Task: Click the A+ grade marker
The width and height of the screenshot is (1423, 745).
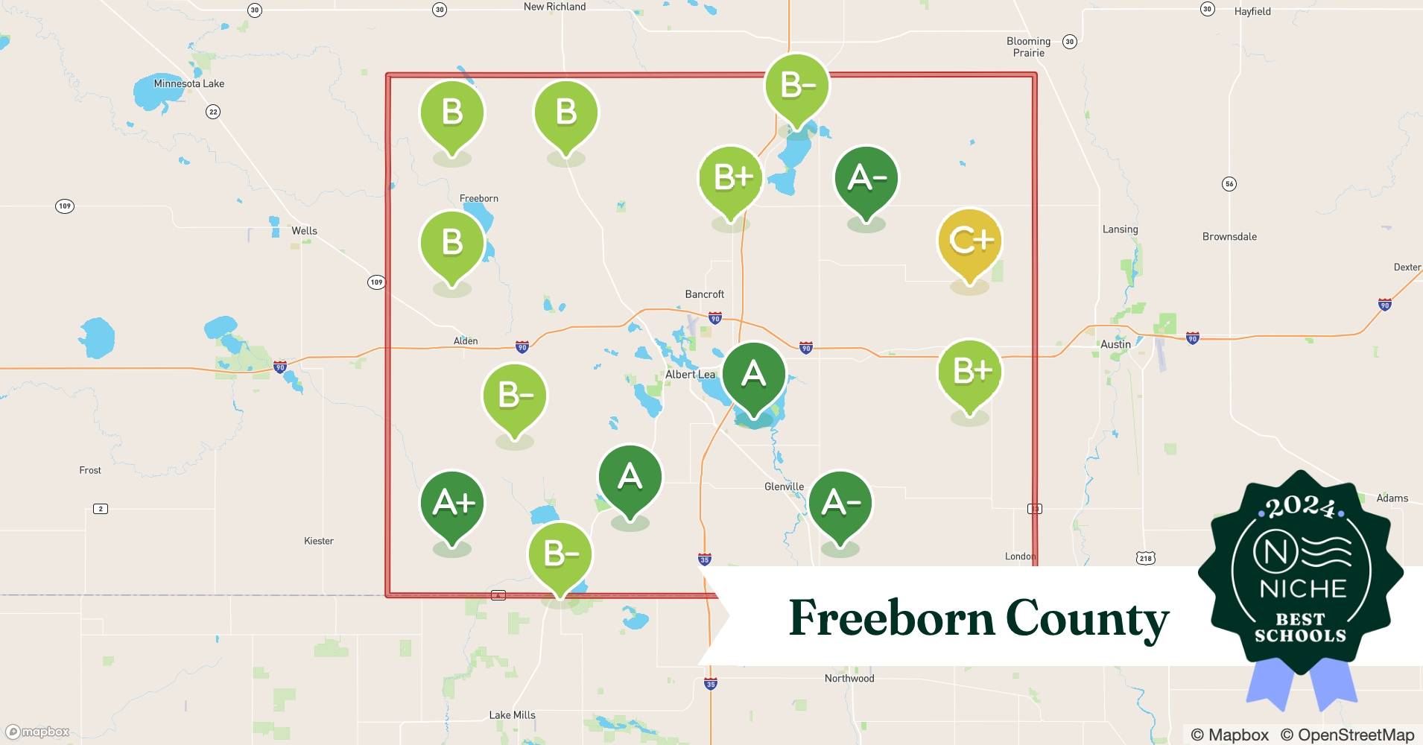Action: coord(452,504)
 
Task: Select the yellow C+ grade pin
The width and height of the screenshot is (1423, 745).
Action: coord(969,241)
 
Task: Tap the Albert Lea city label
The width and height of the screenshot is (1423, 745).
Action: coord(690,374)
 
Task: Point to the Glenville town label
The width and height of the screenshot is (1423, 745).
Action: coord(784,486)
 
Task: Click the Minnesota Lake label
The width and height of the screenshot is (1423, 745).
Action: coord(188,83)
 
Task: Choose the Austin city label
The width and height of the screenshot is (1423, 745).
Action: coord(1115,344)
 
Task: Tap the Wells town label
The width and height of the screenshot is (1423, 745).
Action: coord(304,231)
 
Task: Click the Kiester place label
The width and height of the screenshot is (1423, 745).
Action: coord(319,541)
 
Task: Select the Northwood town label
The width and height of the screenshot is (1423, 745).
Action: coord(849,678)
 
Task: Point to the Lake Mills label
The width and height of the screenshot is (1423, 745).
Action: coord(512,714)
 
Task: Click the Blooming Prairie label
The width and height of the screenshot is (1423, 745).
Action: coord(1028,47)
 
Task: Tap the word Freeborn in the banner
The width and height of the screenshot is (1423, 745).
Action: coord(890,618)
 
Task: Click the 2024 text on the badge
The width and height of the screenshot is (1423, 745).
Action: coord(1300,508)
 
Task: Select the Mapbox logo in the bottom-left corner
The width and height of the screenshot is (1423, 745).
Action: coord(37,732)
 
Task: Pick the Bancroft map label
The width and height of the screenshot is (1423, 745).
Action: coord(704,294)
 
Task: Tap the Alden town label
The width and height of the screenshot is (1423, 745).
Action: coord(466,341)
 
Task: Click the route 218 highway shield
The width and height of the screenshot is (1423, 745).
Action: coord(1145,557)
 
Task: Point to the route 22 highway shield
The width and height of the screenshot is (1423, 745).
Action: coord(213,112)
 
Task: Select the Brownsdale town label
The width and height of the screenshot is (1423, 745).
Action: coord(1229,237)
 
